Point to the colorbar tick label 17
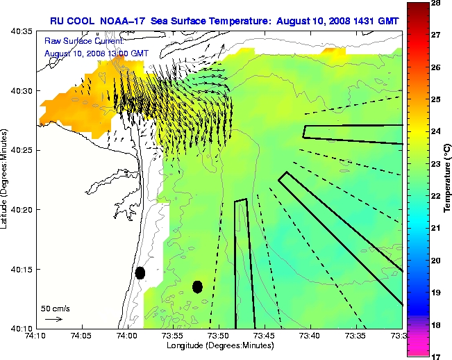[x=437, y=356]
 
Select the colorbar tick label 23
[x=437, y=164]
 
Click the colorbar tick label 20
[x=437, y=260]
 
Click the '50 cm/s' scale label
[x=55, y=308]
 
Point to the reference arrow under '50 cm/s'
[x=53, y=319]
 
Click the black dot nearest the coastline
[x=140, y=272]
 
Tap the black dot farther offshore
[x=197, y=286]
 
